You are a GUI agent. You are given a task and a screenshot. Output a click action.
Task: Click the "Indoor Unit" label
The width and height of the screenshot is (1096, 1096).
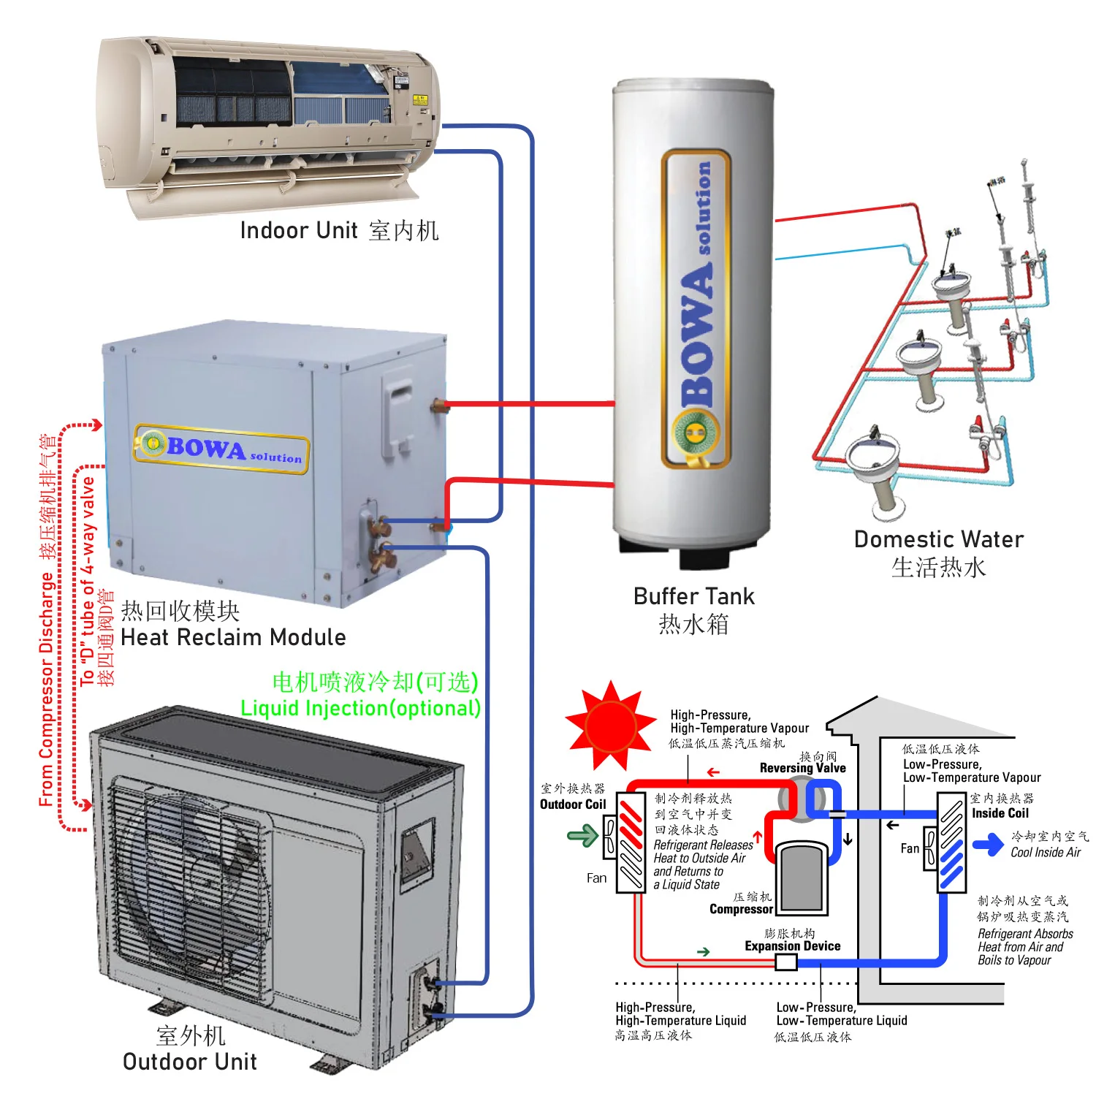click(298, 231)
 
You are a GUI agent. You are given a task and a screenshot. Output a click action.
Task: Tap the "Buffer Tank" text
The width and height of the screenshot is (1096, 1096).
click(693, 596)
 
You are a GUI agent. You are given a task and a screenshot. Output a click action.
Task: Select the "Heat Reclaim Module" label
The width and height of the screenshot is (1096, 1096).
click(233, 637)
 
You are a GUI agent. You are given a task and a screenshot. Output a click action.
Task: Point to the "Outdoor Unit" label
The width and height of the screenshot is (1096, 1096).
click(190, 1062)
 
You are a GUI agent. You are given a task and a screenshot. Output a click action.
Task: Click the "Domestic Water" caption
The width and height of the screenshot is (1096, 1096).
click(939, 539)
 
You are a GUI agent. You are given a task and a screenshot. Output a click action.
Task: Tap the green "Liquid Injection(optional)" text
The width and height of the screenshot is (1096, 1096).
click(361, 708)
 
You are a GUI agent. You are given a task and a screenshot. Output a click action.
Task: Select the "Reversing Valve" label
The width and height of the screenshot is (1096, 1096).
click(802, 768)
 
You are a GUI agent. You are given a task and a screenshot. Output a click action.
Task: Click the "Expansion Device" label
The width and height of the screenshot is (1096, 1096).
click(792, 946)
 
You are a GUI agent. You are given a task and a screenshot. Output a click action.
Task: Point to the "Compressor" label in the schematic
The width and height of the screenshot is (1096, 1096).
click(741, 909)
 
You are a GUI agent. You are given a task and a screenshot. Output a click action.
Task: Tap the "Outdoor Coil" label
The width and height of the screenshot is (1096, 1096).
click(573, 804)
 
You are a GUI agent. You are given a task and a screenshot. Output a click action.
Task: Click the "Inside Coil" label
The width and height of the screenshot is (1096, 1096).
click(1000, 813)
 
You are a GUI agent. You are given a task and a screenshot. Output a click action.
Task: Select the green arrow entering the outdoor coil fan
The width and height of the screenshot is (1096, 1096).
click(582, 835)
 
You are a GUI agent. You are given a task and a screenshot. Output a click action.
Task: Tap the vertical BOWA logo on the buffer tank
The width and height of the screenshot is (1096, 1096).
click(696, 307)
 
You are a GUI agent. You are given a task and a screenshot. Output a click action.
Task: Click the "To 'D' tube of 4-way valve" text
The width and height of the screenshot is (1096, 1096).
click(88, 582)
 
